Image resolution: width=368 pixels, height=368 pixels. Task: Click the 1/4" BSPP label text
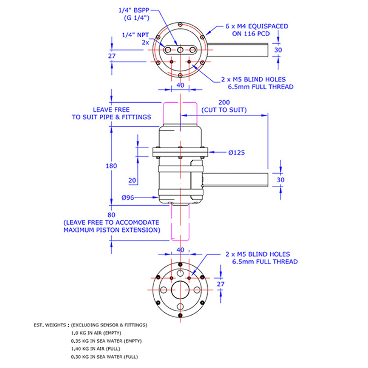pyautogui.click(x=134, y=11)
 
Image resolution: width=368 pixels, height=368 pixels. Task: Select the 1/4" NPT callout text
pyautogui.click(x=135, y=35)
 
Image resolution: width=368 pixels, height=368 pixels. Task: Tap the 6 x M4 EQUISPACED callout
pyautogui.click(x=257, y=26)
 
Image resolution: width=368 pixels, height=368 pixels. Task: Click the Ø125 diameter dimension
pyautogui.click(x=237, y=152)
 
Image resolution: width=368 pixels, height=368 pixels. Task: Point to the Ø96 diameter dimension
pyautogui.click(x=128, y=198)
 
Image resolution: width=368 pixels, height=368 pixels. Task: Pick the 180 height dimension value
pyautogui.click(x=111, y=166)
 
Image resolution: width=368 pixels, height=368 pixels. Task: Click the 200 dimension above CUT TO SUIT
pyautogui.click(x=224, y=103)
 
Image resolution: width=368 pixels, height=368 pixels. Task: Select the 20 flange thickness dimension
pyautogui.click(x=132, y=180)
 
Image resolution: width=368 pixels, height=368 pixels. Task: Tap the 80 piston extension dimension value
pyautogui.click(x=111, y=215)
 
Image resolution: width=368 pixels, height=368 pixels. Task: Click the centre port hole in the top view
pyautogui.click(x=180, y=50)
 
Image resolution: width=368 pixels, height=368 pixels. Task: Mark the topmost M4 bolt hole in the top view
pyautogui.click(x=180, y=24)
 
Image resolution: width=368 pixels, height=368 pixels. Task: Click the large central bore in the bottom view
pyautogui.click(x=180, y=290)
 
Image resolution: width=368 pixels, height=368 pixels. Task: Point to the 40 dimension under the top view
pyautogui.click(x=180, y=85)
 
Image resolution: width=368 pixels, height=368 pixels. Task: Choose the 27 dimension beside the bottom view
pyautogui.click(x=221, y=284)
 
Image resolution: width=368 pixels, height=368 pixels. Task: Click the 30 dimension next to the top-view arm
pyautogui.click(x=278, y=50)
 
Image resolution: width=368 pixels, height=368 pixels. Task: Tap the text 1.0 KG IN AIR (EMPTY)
pyautogui.click(x=96, y=333)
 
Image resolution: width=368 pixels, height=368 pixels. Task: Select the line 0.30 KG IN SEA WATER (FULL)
pyautogui.click(x=104, y=357)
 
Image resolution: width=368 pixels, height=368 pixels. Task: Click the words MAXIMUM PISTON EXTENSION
pyautogui.click(x=112, y=230)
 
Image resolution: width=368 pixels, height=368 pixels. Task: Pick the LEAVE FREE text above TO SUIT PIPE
pyautogui.click(x=111, y=110)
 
